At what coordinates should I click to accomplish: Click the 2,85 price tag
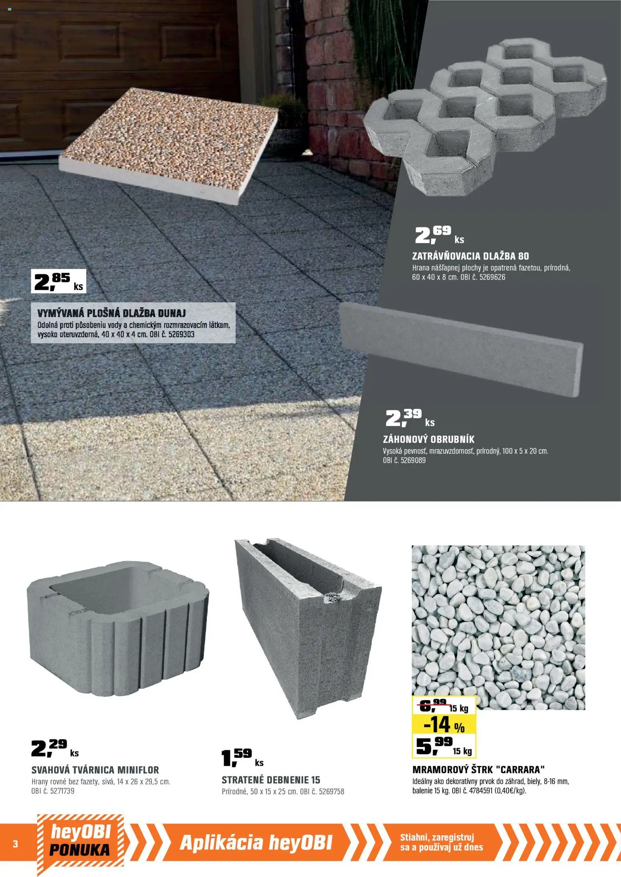tap(58, 281)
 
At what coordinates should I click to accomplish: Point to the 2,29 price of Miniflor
tap(55, 748)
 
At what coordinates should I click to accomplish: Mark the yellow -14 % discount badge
tap(444, 724)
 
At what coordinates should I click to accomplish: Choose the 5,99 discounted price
tap(444, 746)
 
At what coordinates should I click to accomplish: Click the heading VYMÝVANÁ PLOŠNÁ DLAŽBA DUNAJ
tap(111, 313)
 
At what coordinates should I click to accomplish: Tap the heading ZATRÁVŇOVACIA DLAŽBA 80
tap(470, 256)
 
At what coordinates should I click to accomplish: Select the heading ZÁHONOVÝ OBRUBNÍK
tap(428, 439)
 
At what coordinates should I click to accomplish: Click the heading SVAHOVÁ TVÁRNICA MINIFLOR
tap(95, 770)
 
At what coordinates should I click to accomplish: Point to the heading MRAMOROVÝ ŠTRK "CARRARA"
tap(479, 770)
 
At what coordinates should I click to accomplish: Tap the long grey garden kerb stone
tap(462, 349)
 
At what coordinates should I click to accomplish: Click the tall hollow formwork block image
tap(308, 628)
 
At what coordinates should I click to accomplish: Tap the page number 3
tap(15, 844)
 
